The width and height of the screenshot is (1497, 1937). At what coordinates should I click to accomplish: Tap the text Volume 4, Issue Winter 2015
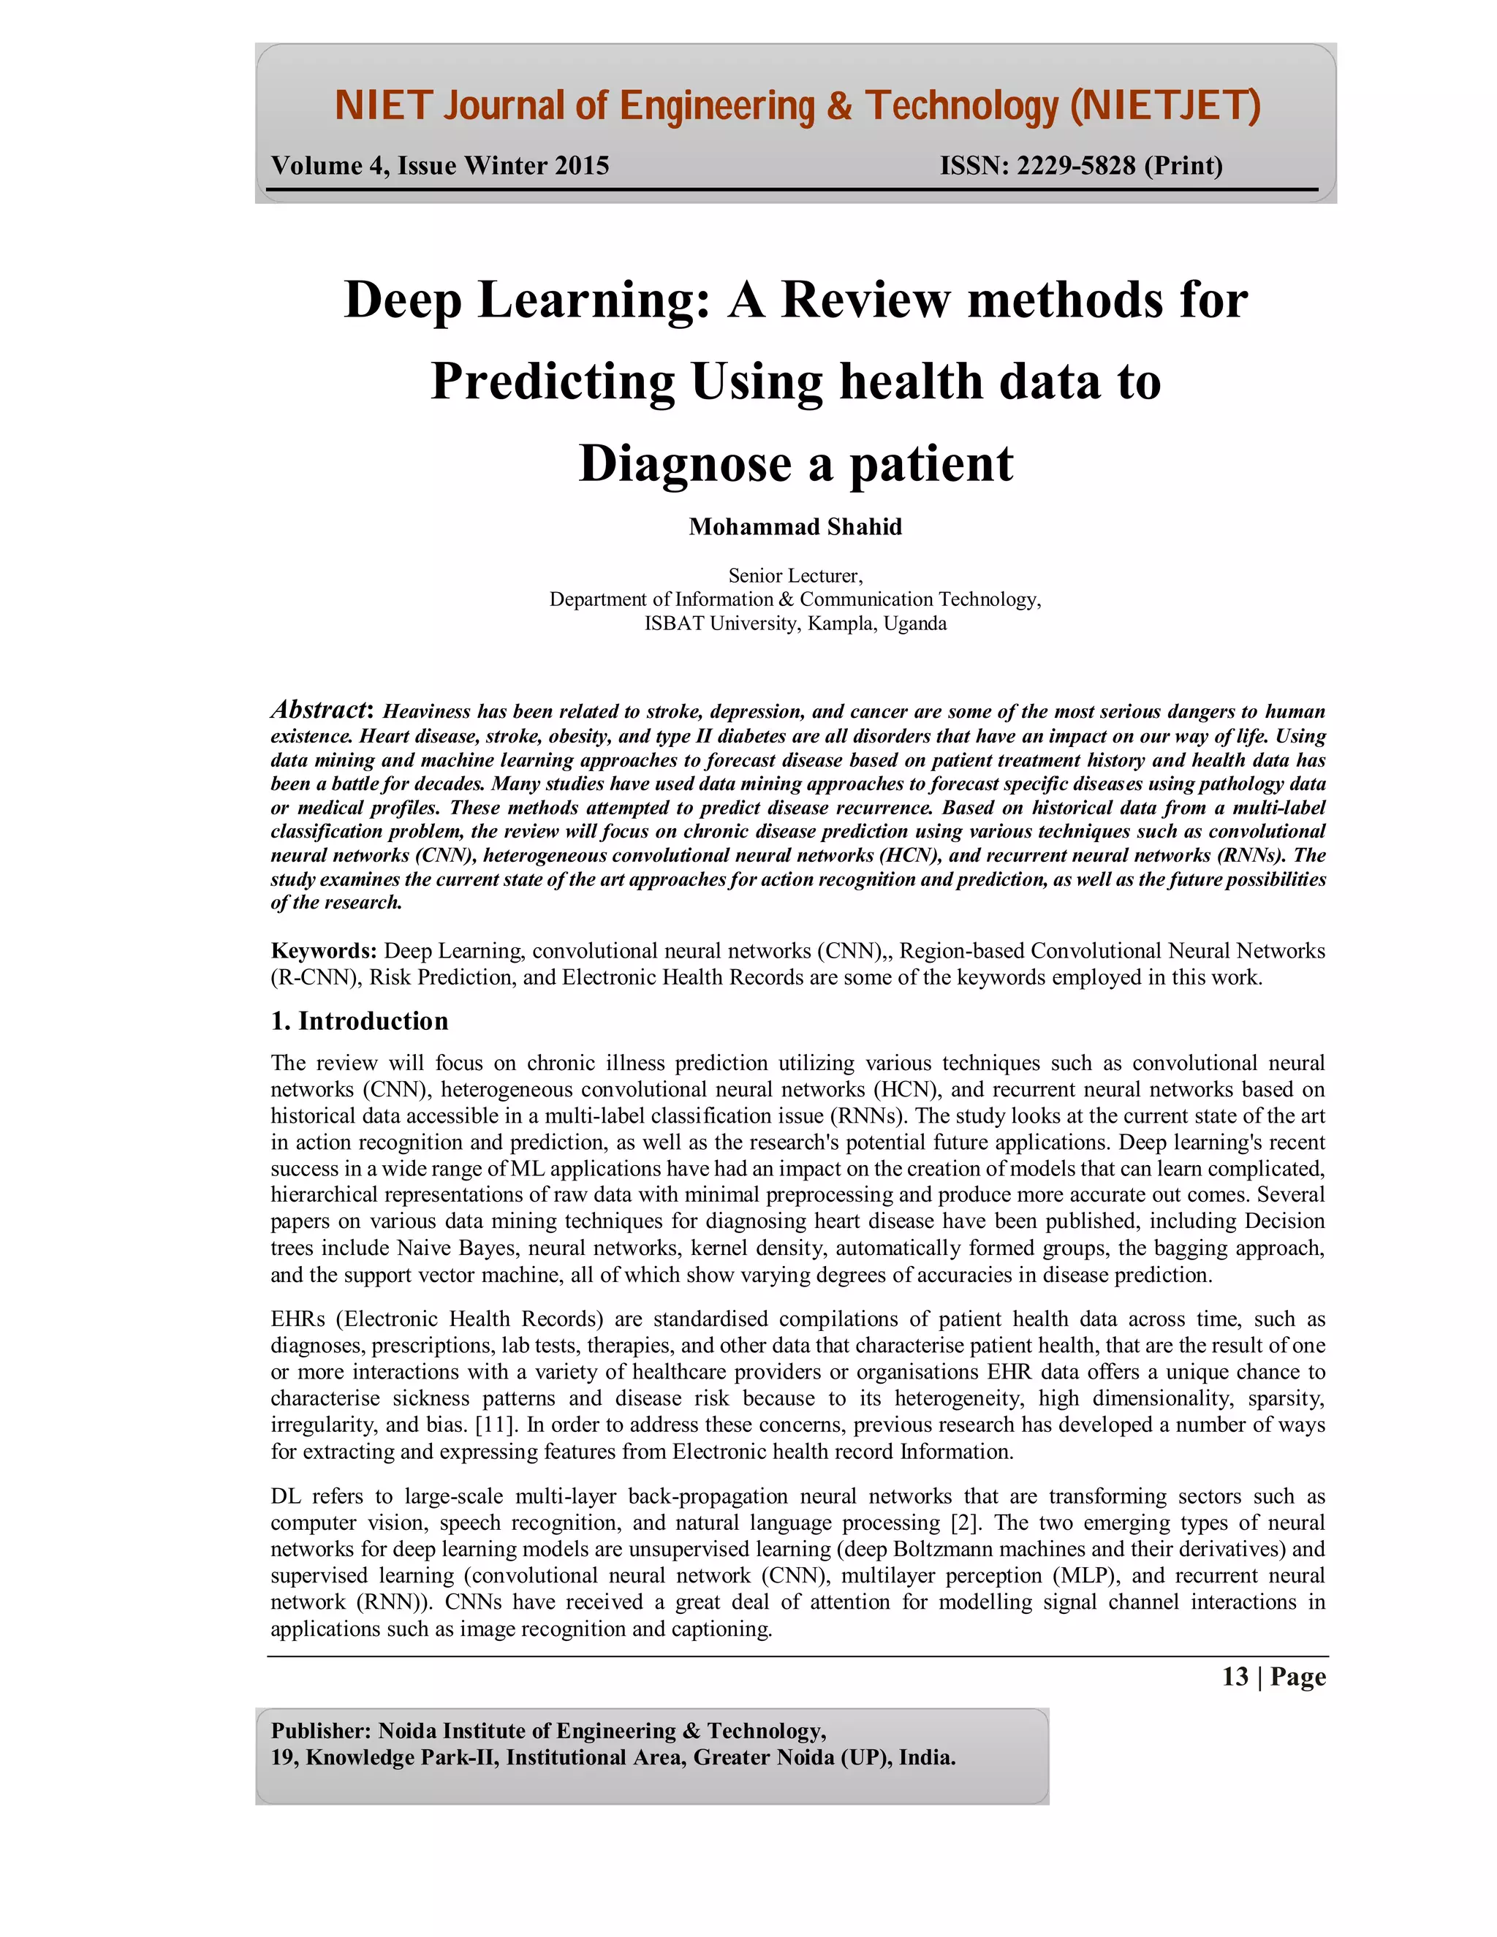click(440, 166)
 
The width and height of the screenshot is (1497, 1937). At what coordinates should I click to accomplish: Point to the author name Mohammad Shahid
click(795, 527)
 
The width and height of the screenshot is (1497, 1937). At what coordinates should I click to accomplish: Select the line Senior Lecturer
click(795, 575)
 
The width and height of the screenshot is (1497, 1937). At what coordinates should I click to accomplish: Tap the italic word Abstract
click(319, 710)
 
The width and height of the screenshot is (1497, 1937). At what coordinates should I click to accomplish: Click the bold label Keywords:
click(324, 951)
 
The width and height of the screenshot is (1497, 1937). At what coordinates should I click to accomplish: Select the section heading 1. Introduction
click(359, 1021)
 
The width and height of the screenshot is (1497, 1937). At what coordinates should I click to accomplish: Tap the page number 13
click(1235, 1676)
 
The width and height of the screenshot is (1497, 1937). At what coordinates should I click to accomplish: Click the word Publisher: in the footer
click(321, 1730)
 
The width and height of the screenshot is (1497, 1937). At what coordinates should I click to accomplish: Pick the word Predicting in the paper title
click(553, 382)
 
